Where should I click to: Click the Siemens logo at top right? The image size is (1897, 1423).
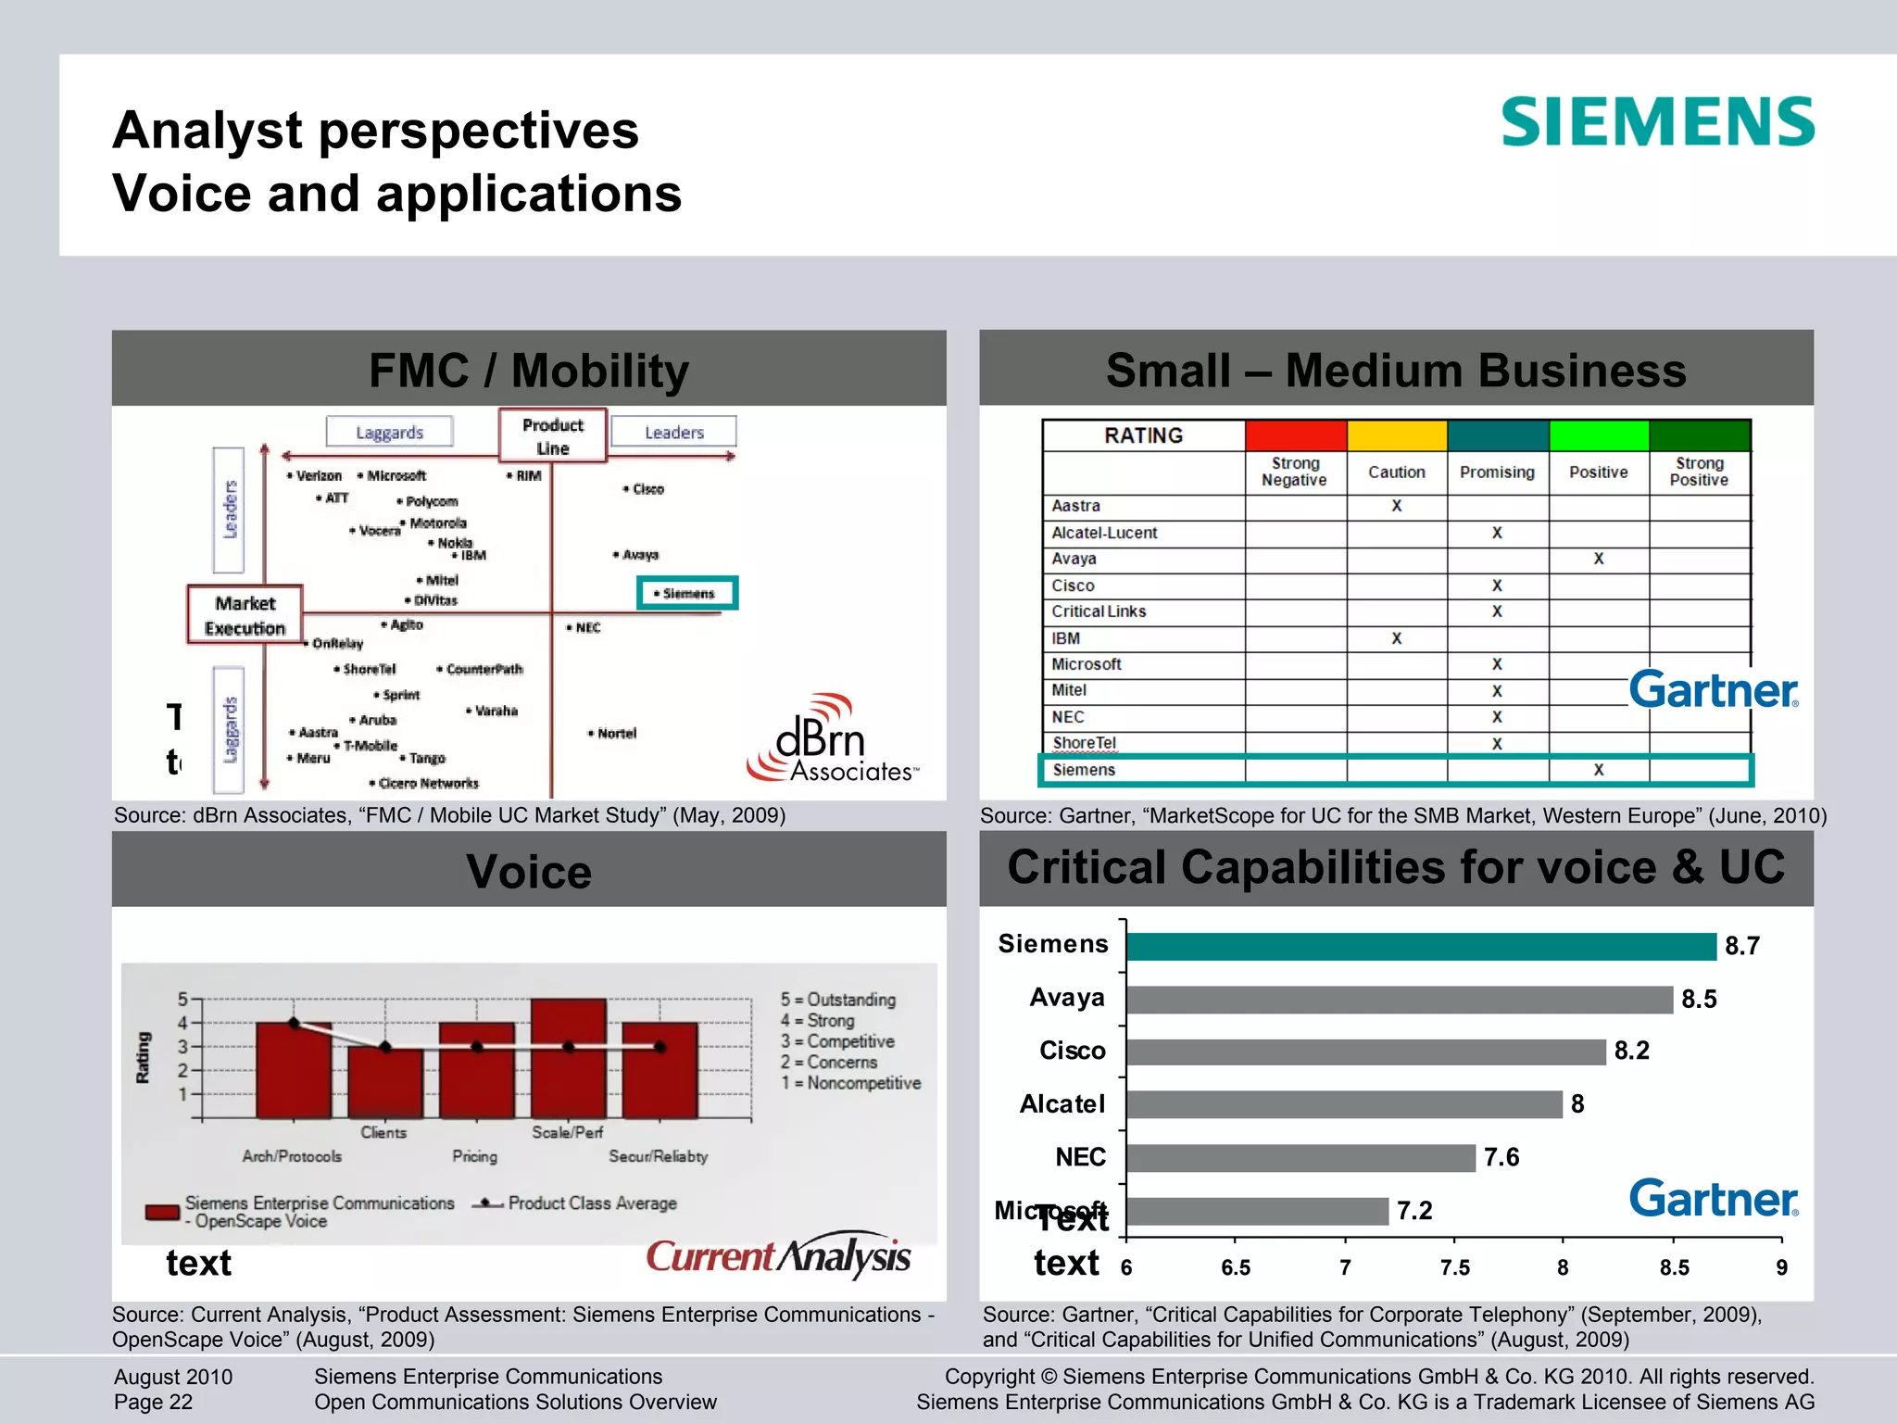pyautogui.click(x=1657, y=122)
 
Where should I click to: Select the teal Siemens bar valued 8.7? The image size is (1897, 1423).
pyautogui.click(x=1421, y=947)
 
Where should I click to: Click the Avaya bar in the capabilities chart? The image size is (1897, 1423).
pyautogui.click(x=1399, y=1000)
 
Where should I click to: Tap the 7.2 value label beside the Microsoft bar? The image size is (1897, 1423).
pyautogui.click(x=1414, y=1211)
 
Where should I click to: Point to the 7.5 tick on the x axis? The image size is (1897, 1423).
pyautogui.click(x=1454, y=1267)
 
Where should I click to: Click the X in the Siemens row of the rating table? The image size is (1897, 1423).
pyautogui.click(x=1598, y=770)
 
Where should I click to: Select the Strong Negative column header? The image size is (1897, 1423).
pyautogui.click(x=1294, y=472)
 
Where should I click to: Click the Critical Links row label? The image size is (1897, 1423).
pyautogui.click(x=1099, y=611)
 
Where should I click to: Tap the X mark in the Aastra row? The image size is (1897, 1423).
pyautogui.click(x=1396, y=506)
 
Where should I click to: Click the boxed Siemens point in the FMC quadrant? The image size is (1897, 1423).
pyautogui.click(x=687, y=593)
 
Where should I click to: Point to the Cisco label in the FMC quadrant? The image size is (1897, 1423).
pyautogui.click(x=647, y=489)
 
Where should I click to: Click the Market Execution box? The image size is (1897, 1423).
pyautogui.click(x=245, y=615)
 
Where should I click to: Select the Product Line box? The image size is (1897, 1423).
pyautogui.click(x=552, y=435)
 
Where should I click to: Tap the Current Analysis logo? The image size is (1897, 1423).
pyautogui.click(x=778, y=1257)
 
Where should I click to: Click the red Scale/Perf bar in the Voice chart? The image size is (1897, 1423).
pyautogui.click(x=568, y=1058)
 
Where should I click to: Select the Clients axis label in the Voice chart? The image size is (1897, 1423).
pyautogui.click(x=383, y=1132)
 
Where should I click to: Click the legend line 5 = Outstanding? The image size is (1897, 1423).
pyautogui.click(x=837, y=1000)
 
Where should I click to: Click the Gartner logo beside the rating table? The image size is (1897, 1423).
pyautogui.click(x=1714, y=690)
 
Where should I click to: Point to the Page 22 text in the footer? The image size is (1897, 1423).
pyautogui.click(x=154, y=1402)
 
